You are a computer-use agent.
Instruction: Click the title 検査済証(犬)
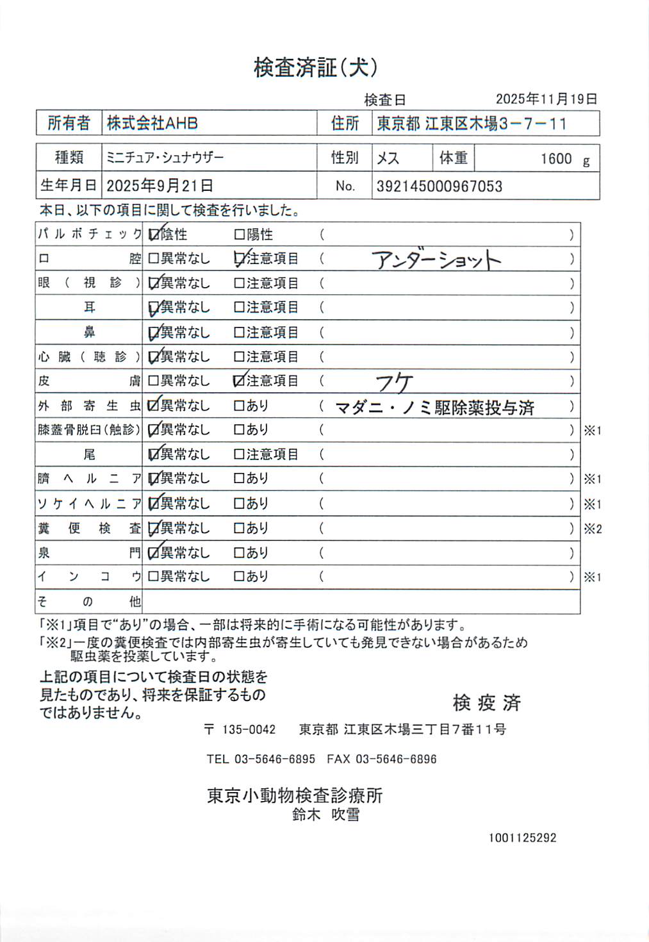click(315, 67)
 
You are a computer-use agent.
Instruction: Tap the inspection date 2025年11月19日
click(546, 99)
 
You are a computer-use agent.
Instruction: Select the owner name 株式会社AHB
click(152, 123)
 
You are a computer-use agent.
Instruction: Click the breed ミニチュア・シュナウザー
click(165, 158)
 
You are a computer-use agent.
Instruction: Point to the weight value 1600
click(555, 159)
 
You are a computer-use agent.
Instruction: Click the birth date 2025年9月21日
click(160, 186)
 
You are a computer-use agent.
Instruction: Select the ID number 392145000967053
click(439, 186)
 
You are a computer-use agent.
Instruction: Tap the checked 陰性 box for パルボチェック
click(154, 235)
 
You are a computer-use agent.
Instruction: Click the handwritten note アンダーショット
click(436, 260)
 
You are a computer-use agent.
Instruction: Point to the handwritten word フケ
click(393, 383)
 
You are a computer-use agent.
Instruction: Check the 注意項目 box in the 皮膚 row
click(240, 381)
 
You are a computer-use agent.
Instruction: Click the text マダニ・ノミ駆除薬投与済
click(434, 408)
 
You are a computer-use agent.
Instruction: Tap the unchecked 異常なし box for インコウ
click(154, 577)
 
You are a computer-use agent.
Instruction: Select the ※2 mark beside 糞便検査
click(593, 529)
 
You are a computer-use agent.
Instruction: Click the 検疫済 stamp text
click(486, 703)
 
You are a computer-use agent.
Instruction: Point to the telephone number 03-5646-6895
click(274, 759)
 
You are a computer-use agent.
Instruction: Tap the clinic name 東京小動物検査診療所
click(295, 796)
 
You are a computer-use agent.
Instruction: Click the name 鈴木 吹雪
click(325, 815)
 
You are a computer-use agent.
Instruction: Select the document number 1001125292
click(522, 838)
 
